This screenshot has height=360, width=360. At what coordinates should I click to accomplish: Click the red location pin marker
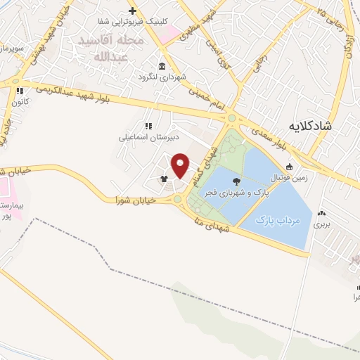tap(180, 166)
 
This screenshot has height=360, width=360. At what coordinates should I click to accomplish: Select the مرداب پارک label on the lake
tap(280, 221)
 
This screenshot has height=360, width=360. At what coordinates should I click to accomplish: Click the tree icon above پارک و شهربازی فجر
tap(235, 180)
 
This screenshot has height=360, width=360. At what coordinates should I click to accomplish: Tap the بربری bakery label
tap(321, 225)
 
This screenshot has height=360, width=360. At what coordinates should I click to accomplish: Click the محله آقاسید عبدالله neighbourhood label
tap(116, 47)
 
